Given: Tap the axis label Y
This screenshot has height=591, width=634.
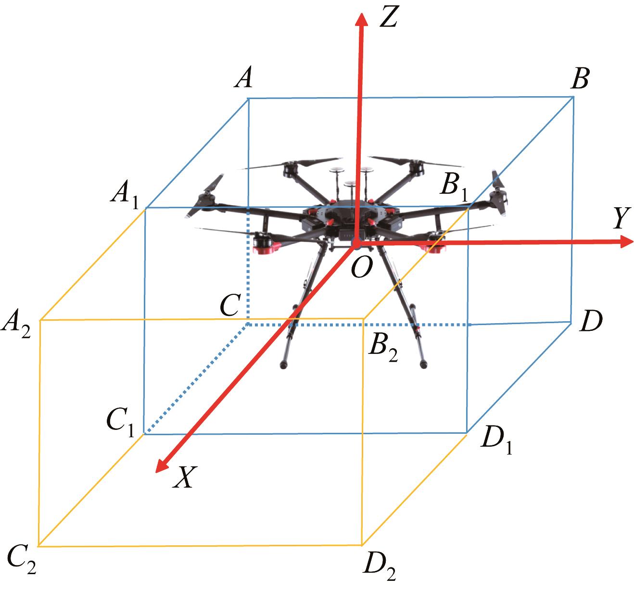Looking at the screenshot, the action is click(621, 218).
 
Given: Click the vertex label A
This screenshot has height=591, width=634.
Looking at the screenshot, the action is click(244, 77).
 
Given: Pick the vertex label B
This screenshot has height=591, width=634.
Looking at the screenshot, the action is click(580, 78).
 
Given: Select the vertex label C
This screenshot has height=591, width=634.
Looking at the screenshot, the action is click(229, 305).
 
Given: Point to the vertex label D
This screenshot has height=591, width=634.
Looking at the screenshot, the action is click(591, 321).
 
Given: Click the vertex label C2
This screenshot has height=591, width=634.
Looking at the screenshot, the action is click(21, 561).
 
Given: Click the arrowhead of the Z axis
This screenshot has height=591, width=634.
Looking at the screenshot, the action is click(362, 20).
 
